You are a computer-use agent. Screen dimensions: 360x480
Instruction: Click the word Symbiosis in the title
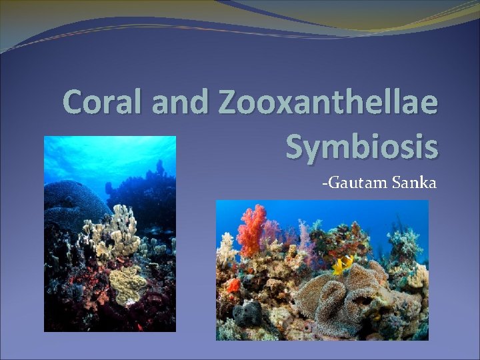(x=361, y=145)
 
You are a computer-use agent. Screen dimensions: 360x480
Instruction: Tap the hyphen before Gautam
(x=324, y=182)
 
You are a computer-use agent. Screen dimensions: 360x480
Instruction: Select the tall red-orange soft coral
(x=252, y=229)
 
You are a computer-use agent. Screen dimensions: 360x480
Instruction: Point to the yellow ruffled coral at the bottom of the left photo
(x=126, y=284)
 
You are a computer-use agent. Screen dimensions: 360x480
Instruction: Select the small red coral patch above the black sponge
(x=233, y=285)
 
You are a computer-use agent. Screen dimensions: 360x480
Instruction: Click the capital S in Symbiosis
(x=297, y=145)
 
